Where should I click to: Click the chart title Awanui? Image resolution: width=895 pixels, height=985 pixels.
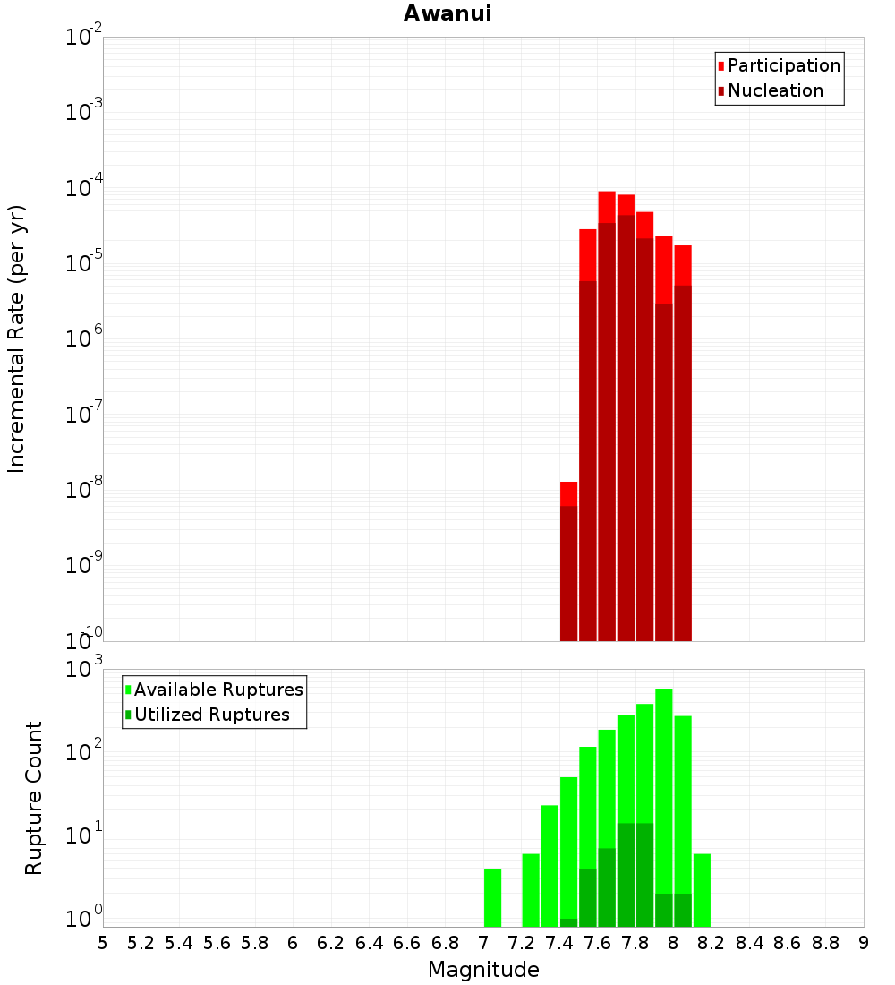click(x=447, y=13)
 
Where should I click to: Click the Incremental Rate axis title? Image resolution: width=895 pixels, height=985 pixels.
click(x=17, y=338)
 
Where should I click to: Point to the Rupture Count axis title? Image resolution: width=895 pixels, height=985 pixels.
click(x=34, y=797)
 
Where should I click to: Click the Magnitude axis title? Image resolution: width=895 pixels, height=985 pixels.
click(x=483, y=970)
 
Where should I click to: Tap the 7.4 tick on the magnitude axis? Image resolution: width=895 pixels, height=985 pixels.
click(x=559, y=943)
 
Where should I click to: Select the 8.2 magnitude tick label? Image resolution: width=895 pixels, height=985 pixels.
click(x=712, y=943)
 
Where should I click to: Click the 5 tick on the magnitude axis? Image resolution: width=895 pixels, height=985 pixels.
click(x=103, y=943)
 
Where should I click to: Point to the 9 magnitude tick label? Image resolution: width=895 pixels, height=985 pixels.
click(x=864, y=943)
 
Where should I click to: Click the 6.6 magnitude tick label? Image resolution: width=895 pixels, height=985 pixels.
click(x=407, y=943)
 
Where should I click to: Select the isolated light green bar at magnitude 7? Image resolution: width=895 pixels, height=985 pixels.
click(x=492, y=897)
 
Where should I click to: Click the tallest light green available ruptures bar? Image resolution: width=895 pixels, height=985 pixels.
click(x=664, y=806)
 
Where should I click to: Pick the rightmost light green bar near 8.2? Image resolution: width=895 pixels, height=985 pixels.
click(x=702, y=890)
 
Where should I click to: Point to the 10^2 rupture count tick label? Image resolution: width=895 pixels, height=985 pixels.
click(x=84, y=751)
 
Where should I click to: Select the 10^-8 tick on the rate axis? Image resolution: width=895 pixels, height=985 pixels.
click(x=84, y=492)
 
